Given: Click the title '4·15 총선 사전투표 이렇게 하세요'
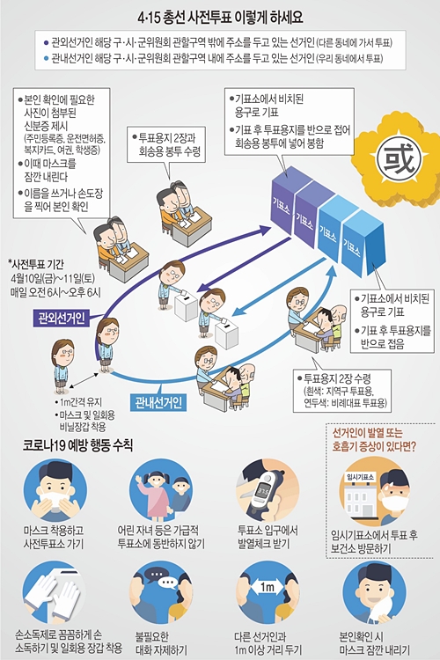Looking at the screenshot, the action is click(220, 18).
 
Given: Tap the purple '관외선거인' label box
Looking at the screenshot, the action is click(62, 318).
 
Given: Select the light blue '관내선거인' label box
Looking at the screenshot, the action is click(158, 402).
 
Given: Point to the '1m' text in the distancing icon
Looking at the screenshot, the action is click(267, 587).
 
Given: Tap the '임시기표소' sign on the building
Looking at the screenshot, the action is click(360, 477).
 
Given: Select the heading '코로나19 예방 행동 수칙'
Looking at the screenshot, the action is click(78, 445).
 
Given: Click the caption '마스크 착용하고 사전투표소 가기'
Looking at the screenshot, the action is click(54, 537).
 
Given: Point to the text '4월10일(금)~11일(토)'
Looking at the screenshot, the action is click(53, 278).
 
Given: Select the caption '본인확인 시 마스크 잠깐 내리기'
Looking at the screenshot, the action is click(374, 642).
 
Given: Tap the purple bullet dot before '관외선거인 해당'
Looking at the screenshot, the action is click(46, 42).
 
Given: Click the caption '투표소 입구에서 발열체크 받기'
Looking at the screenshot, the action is click(268, 537).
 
